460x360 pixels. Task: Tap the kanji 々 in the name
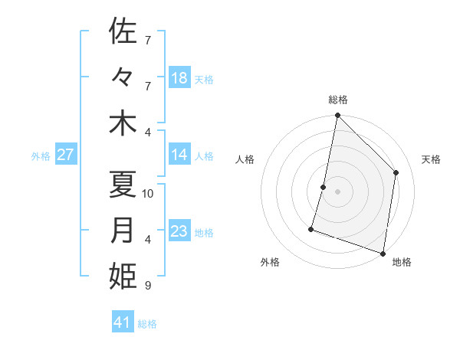(123, 77)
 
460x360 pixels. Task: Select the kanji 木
(123, 123)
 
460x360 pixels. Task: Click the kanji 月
(123, 231)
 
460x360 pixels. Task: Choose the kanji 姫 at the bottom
(123, 277)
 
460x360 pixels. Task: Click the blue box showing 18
(179, 78)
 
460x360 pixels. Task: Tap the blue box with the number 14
(179, 155)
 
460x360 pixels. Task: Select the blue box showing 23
(179, 231)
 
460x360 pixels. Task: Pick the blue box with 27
(66, 155)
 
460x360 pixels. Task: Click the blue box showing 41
(123, 322)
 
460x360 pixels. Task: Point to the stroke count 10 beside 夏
(149, 194)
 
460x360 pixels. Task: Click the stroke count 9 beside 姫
(147, 286)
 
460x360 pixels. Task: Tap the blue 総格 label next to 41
(147, 324)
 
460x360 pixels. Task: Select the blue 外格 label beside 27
(41, 156)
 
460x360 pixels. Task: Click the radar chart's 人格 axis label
(245, 159)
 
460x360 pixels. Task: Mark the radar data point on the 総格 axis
(337, 116)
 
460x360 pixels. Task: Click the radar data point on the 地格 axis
(383, 253)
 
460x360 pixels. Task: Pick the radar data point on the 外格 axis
(311, 228)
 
